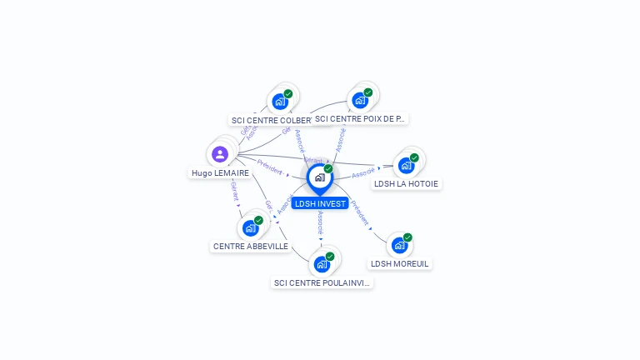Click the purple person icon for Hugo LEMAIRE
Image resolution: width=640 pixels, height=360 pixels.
(220, 154)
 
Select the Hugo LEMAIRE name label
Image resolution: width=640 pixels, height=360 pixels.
(220, 173)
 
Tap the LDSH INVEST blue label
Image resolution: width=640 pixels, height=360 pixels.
(320, 203)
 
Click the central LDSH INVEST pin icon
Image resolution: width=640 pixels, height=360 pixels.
(319, 177)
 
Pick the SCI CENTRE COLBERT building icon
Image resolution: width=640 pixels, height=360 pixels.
(279, 102)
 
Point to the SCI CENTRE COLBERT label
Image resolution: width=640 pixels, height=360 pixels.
(272, 120)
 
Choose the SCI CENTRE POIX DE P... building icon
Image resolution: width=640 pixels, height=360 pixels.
(360, 100)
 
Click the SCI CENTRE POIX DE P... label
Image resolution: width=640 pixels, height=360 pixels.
(360, 118)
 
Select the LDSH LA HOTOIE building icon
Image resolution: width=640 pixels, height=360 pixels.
(406, 165)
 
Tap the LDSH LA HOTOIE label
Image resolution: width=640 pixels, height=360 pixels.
(406, 183)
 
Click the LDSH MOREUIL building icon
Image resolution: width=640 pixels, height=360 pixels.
(399, 245)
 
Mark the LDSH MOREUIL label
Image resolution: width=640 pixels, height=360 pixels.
(400, 263)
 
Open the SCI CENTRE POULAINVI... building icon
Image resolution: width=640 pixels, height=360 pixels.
(322, 264)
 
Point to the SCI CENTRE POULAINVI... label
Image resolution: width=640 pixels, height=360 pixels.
(322, 282)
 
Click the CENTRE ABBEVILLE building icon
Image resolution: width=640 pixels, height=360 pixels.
(250, 227)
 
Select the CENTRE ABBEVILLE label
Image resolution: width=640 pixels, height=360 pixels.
(251, 246)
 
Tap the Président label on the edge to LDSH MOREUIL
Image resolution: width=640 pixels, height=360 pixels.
(359, 213)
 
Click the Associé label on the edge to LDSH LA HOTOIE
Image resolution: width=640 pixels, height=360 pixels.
(363, 173)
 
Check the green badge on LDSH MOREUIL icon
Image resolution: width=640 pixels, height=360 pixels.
(407, 237)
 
